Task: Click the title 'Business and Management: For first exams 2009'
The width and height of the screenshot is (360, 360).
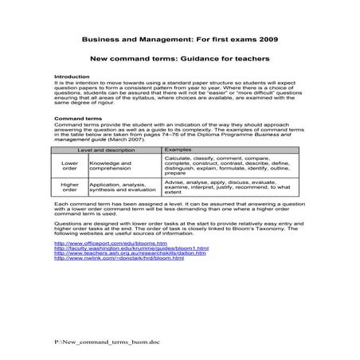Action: pos(179,37)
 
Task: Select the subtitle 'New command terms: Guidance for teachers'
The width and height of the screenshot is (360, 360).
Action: pos(179,58)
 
